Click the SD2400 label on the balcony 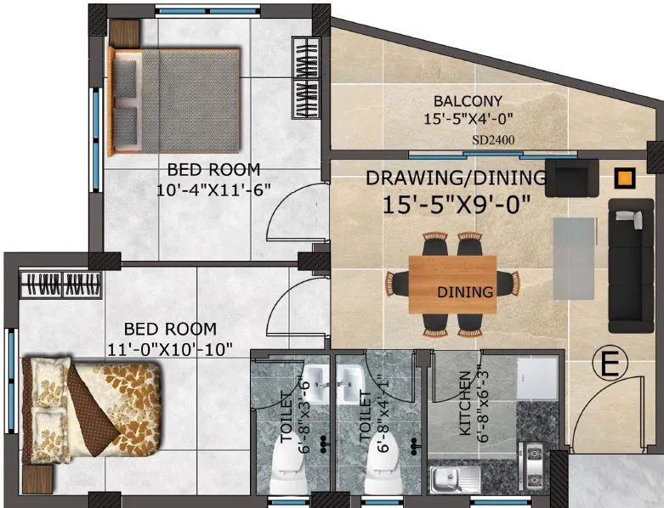click(x=493, y=140)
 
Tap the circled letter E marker click(x=610, y=364)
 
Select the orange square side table click(x=625, y=178)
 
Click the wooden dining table click(x=452, y=285)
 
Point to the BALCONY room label click(x=468, y=101)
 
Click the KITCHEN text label click(x=465, y=404)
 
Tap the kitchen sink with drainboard click(x=455, y=479)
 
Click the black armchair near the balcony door click(x=571, y=178)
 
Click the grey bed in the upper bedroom click(x=174, y=101)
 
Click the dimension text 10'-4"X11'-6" click(x=213, y=190)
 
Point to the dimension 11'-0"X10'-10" click(x=170, y=350)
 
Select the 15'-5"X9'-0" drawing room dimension click(x=457, y=205)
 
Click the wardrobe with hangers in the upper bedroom click(x=306, y=77)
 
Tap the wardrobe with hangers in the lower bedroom click(x=61, y=285)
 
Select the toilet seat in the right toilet click(x=381, y=465)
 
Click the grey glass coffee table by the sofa click(x=574, y=258)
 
